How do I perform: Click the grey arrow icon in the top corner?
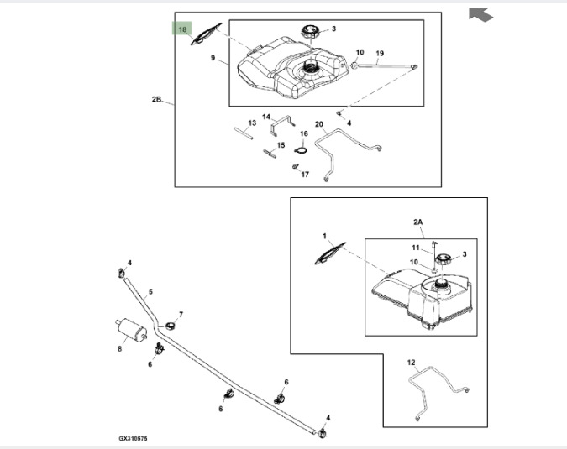coord(480,13)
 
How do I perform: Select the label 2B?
coord(156,99)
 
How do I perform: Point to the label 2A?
coord(419,222)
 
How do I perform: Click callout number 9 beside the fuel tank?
coord(213,59)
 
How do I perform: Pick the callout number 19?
coord(380,53)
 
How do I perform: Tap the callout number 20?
coord(319,124)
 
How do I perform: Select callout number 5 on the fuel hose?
coord(150,293)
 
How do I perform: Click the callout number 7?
coord(181,315)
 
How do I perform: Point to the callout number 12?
coord(411,363)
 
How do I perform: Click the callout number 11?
coord(415,248)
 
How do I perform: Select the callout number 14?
coord(266,117)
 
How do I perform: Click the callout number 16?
coord(304,133)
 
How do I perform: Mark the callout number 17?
coord(305,175)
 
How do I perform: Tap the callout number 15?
coord(281,145)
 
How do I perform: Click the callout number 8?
coord(119,348)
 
